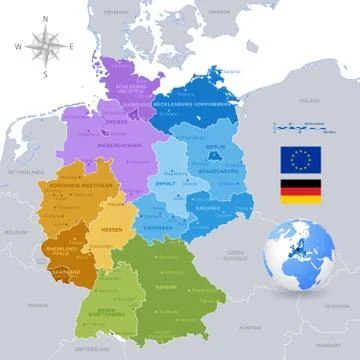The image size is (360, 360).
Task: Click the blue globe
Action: click(297, 254)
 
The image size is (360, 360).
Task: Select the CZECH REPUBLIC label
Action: click(235, 255)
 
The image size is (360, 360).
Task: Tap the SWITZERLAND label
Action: click(92, 347)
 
